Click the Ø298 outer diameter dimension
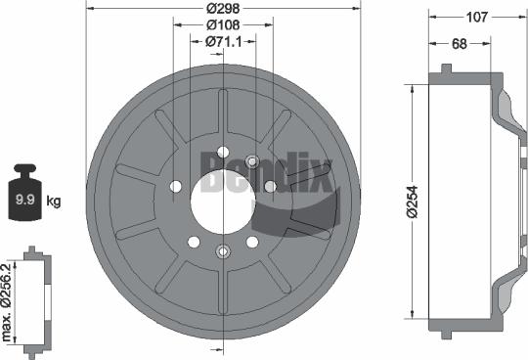click(x=224, y=10)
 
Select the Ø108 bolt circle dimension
click(x=224, y=25)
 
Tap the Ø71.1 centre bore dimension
click(x=224, y=41)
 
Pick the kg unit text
click(x=54, y=201)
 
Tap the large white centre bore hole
click(x=224, y=201)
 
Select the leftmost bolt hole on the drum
click(x=176, y=187)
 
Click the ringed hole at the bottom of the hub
click(x=224, y=250)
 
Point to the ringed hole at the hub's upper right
click(x=252, y=160)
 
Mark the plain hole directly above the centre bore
click(x=224, y=151)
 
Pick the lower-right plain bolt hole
click(x=252, y=241)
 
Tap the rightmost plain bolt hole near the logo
click(x=271, y=187)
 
